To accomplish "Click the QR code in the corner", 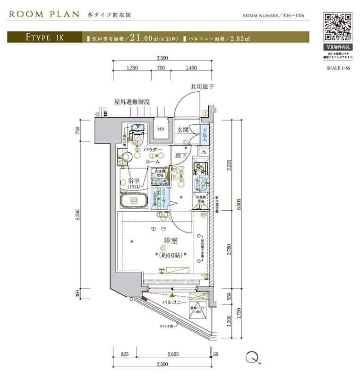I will (337, 27).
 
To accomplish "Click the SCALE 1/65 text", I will (338, 68).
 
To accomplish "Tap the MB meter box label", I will (161, 129).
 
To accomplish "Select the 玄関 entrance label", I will (183, 129).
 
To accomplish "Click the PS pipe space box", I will (203, 152).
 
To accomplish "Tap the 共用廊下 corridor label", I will (202, 87).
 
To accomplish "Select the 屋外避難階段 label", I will (132, 102).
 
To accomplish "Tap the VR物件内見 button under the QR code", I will (337, 48).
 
